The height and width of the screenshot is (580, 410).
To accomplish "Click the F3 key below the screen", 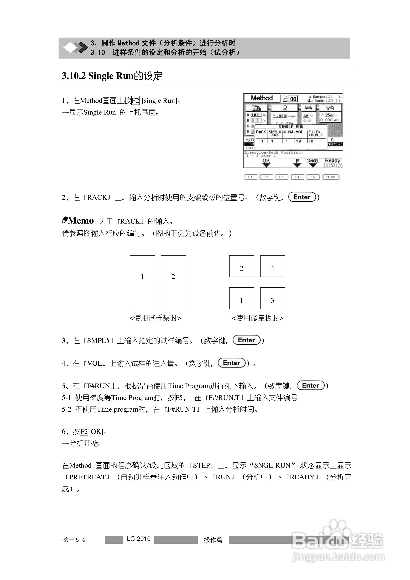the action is coord(281,177).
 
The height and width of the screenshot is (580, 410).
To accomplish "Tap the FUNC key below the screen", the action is coord(331,177).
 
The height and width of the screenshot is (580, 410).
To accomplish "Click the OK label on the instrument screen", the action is coord(266,161).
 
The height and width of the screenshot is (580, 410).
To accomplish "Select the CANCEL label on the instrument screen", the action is coord(313,161).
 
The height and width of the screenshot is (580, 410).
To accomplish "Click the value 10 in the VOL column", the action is coord(298,141).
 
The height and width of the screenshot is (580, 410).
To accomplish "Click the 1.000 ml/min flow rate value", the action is coord(280,116).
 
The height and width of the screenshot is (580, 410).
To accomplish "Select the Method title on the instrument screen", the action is coord(262,98).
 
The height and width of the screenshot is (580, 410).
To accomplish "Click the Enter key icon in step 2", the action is coord(302,197).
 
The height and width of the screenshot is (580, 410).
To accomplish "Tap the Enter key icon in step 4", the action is coord(232,363).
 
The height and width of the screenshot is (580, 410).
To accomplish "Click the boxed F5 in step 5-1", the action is coord(179,398).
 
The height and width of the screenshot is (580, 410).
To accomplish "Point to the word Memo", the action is coord(81,221).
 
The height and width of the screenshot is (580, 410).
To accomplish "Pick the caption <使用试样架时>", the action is coord(155,318).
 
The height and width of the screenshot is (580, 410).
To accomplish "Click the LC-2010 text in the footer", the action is coord(139,539).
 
